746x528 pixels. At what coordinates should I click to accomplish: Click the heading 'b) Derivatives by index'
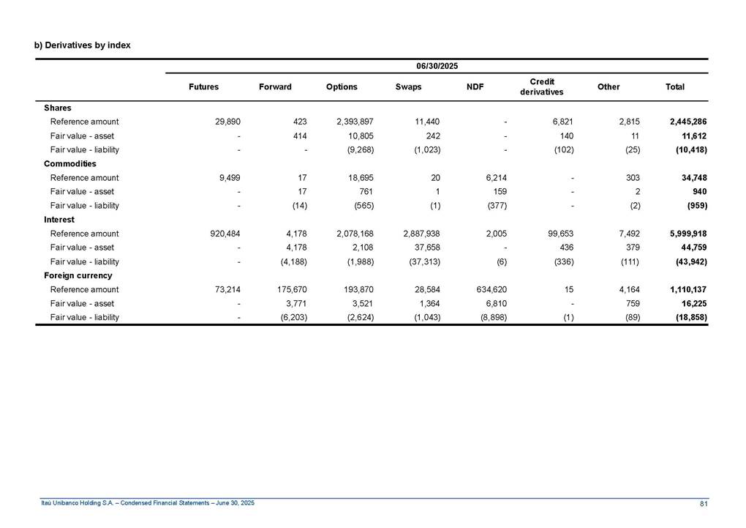point(83,45)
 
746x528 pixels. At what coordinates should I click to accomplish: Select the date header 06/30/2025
point(437,67)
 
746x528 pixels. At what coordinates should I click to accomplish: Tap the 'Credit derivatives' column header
point(542,86)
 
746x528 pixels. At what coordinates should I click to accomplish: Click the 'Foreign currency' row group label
point(78,276)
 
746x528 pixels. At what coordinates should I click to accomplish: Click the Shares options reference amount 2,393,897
point(355,122)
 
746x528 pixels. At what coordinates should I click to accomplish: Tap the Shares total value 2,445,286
point(688,122)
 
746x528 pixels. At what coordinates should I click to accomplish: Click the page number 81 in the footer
point(703,503)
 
